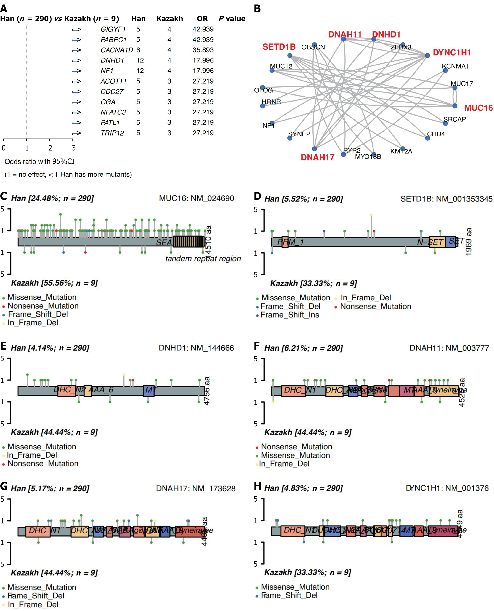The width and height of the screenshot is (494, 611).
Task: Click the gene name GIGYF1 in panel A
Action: pyautogui.click(x=113, y=29)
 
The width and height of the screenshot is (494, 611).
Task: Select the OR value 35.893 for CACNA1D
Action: pyautogui.click(x=203, y=50)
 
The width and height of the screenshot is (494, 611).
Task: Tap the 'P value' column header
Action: pyautogui.click(x=232, y=19)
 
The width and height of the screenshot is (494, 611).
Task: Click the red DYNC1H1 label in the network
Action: pyautogui.click(x=452, y=53)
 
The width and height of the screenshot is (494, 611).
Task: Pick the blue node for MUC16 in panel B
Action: pyautogui.click(x=455, y=106)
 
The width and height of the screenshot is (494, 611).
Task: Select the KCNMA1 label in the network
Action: pyautogui.click(x=455, y=66)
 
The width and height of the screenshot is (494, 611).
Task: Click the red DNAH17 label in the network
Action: pyautogui.click(x=318, y=158)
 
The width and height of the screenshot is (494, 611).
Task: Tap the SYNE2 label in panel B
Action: pyautogui.click(x=299, y=134)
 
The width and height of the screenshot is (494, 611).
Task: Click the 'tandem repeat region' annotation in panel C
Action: pyautogui.click(x=203, y=259)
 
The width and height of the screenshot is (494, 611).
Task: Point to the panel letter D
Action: pyautogui.click(x=257, y=196)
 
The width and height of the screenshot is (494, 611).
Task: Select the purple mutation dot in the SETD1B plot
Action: pyautogui.click(x=324, y=231)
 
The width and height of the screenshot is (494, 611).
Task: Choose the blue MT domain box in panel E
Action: pyautogui.click(x=149, y=391)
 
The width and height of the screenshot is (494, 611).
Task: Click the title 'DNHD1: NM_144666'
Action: pyautogui.click(x=196, y=348)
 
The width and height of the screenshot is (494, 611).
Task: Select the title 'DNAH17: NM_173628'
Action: pyautogui.click(x=196, y=489)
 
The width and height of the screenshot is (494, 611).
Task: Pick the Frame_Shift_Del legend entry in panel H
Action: pyautogui.click(x=289, y=595)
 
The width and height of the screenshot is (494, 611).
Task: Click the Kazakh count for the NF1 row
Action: pyautogui.click(x=169, y=71)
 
